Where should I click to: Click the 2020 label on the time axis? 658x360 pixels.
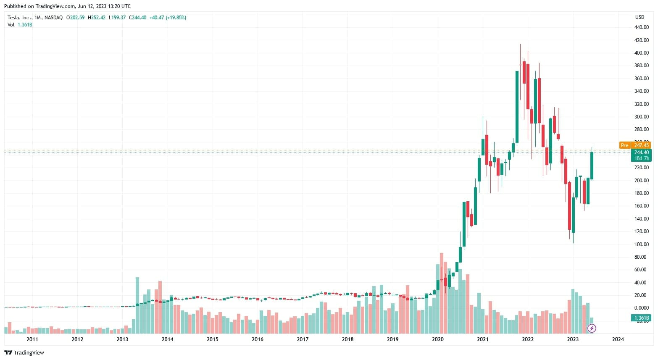pos(437,339)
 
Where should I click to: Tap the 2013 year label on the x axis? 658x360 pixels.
pos(122,339)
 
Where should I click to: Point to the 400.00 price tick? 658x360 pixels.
pos(641,53)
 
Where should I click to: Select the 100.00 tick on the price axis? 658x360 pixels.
pos(641,244)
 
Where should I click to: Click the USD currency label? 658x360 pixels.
pos(640,17)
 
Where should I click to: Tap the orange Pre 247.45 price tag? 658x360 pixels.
pos(635,145)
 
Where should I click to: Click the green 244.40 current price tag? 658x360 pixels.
pos(641,152)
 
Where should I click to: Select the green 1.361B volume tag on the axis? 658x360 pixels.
pos(642,318)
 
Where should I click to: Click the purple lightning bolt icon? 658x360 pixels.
pos(592,328)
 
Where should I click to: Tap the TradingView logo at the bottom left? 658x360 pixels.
pos(24,353)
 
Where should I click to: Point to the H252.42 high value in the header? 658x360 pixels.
pos(97,18)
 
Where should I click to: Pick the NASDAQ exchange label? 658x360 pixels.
pos(54,18)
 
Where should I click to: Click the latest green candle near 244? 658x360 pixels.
pos(592,166)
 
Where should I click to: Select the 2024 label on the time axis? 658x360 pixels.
pos(618,339)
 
